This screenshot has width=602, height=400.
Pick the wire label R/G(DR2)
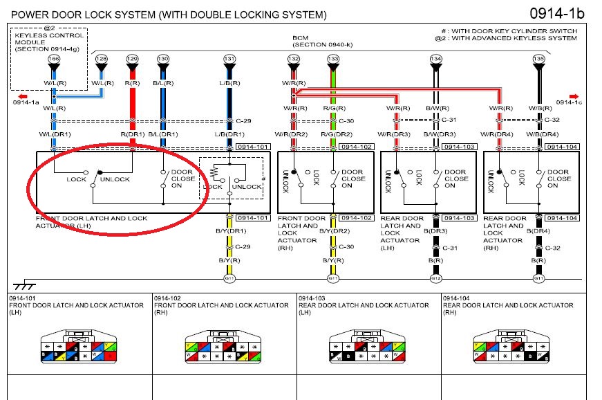tap(334, 134)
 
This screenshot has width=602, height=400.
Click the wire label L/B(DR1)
tap(229, 134)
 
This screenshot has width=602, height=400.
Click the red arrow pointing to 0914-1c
tap(573, 96)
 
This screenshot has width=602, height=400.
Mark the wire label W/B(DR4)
tap(543, 134)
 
